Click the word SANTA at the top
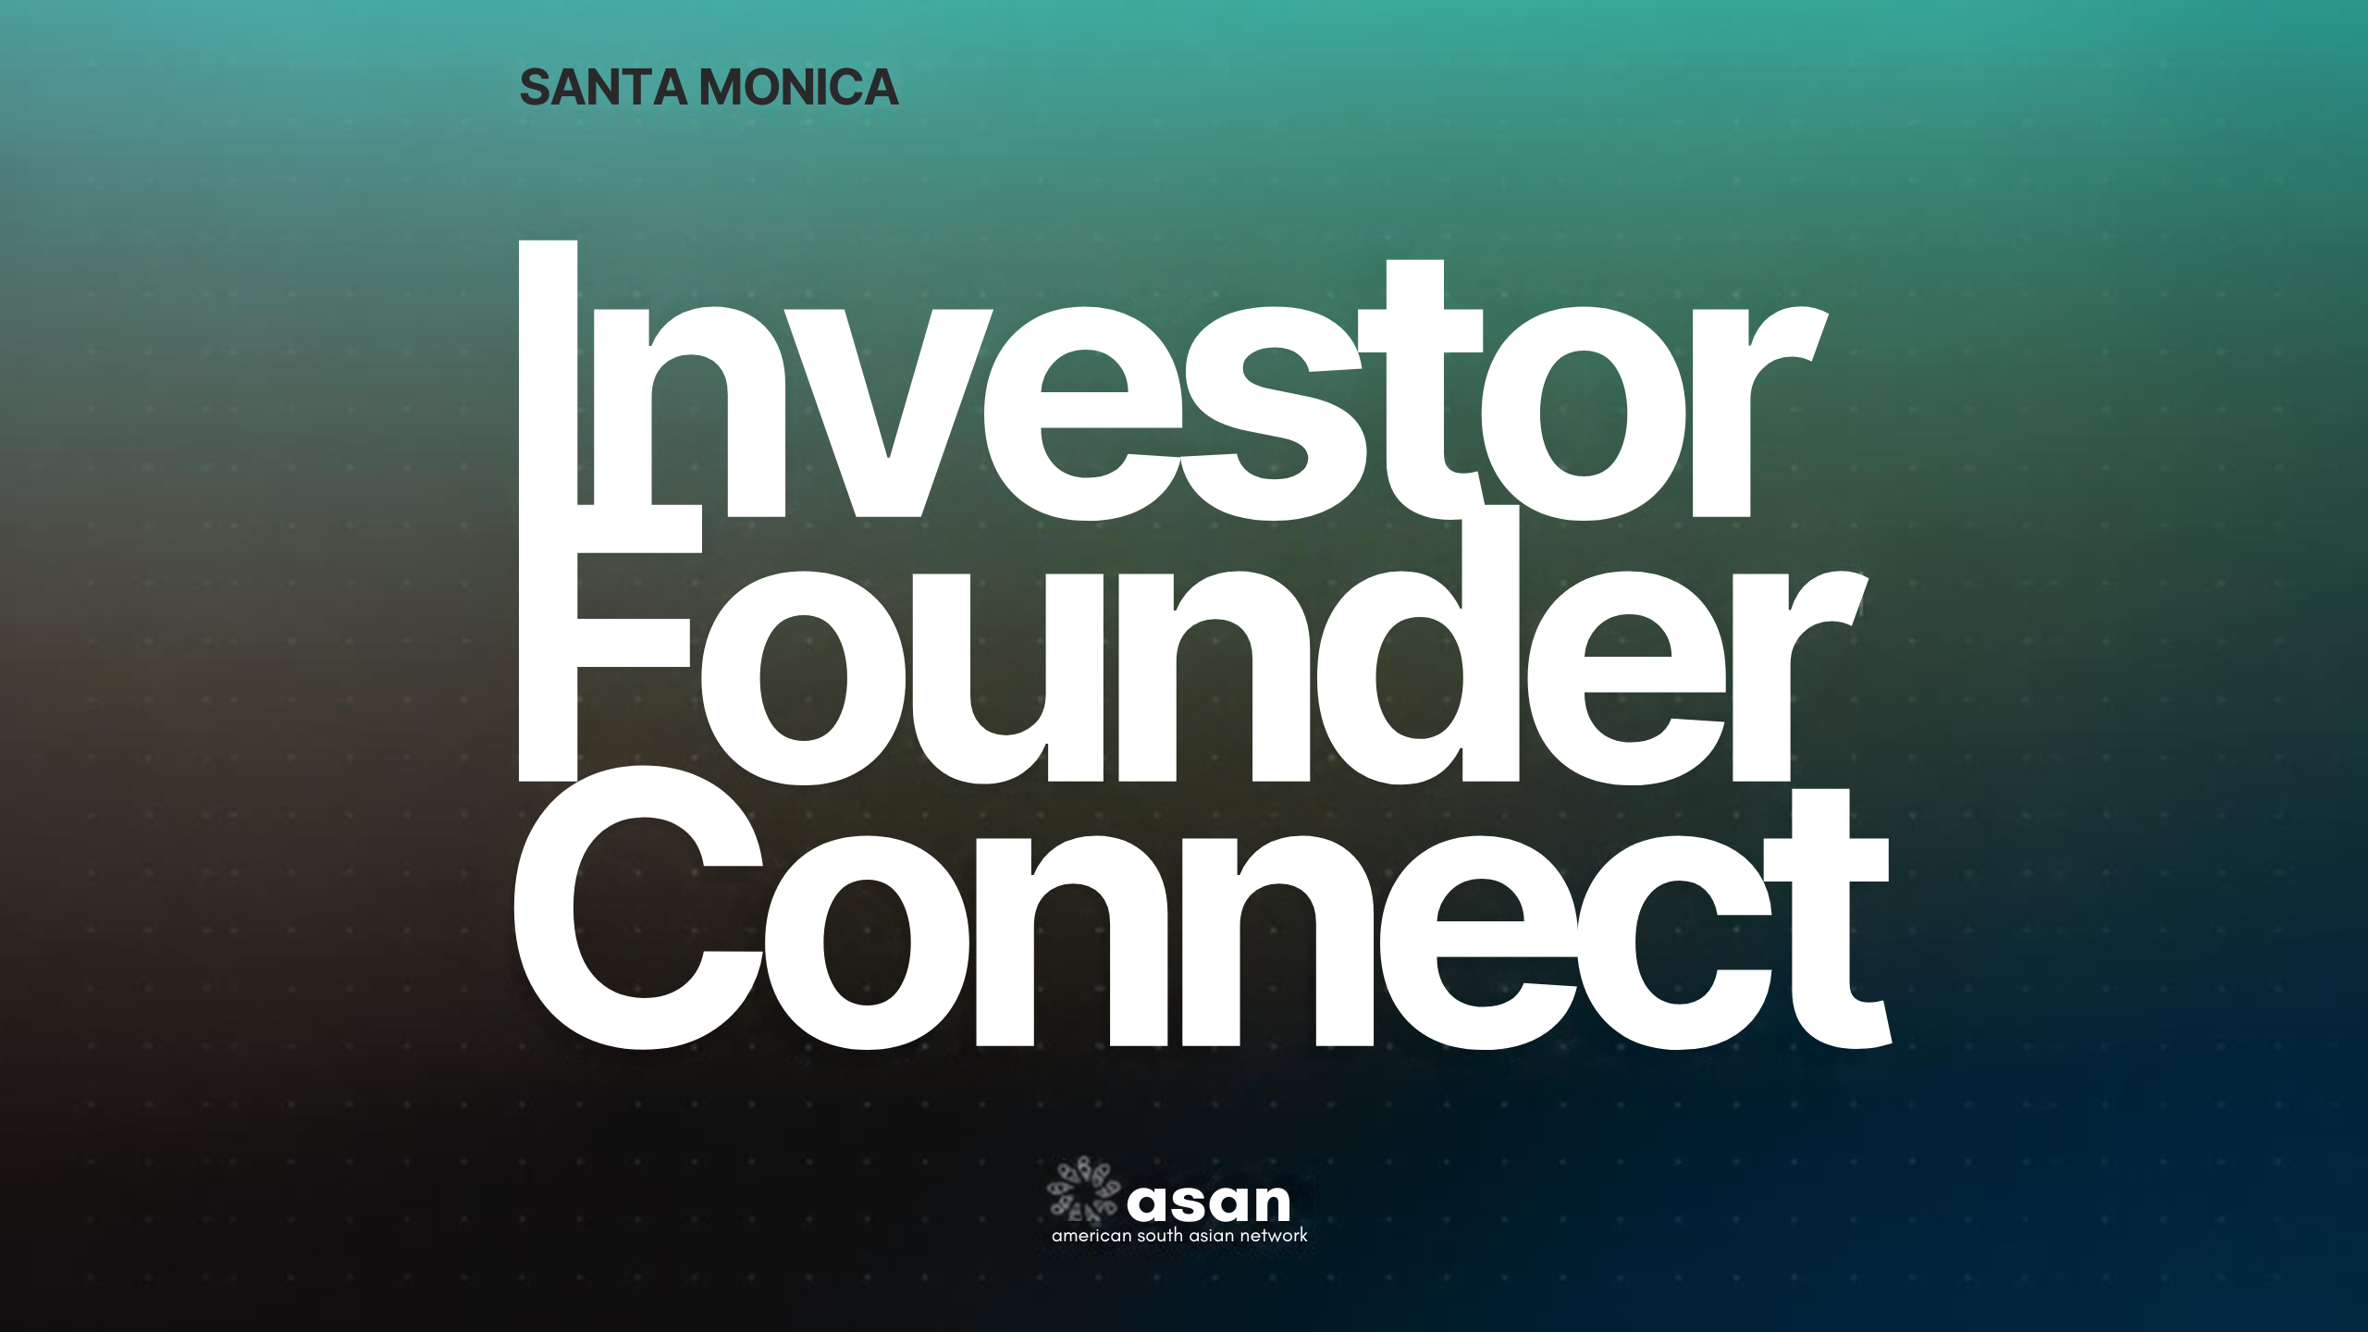click(603, 88)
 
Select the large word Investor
click(1173, 379)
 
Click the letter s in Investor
click(1274, 413)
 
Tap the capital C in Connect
click(638, 907)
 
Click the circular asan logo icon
click(1084, 1188)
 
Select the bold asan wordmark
click(1208, 1202)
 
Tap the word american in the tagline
click(1091, 1236)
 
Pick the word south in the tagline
click(1160, 1236)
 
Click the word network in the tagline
click(1274, 1236)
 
